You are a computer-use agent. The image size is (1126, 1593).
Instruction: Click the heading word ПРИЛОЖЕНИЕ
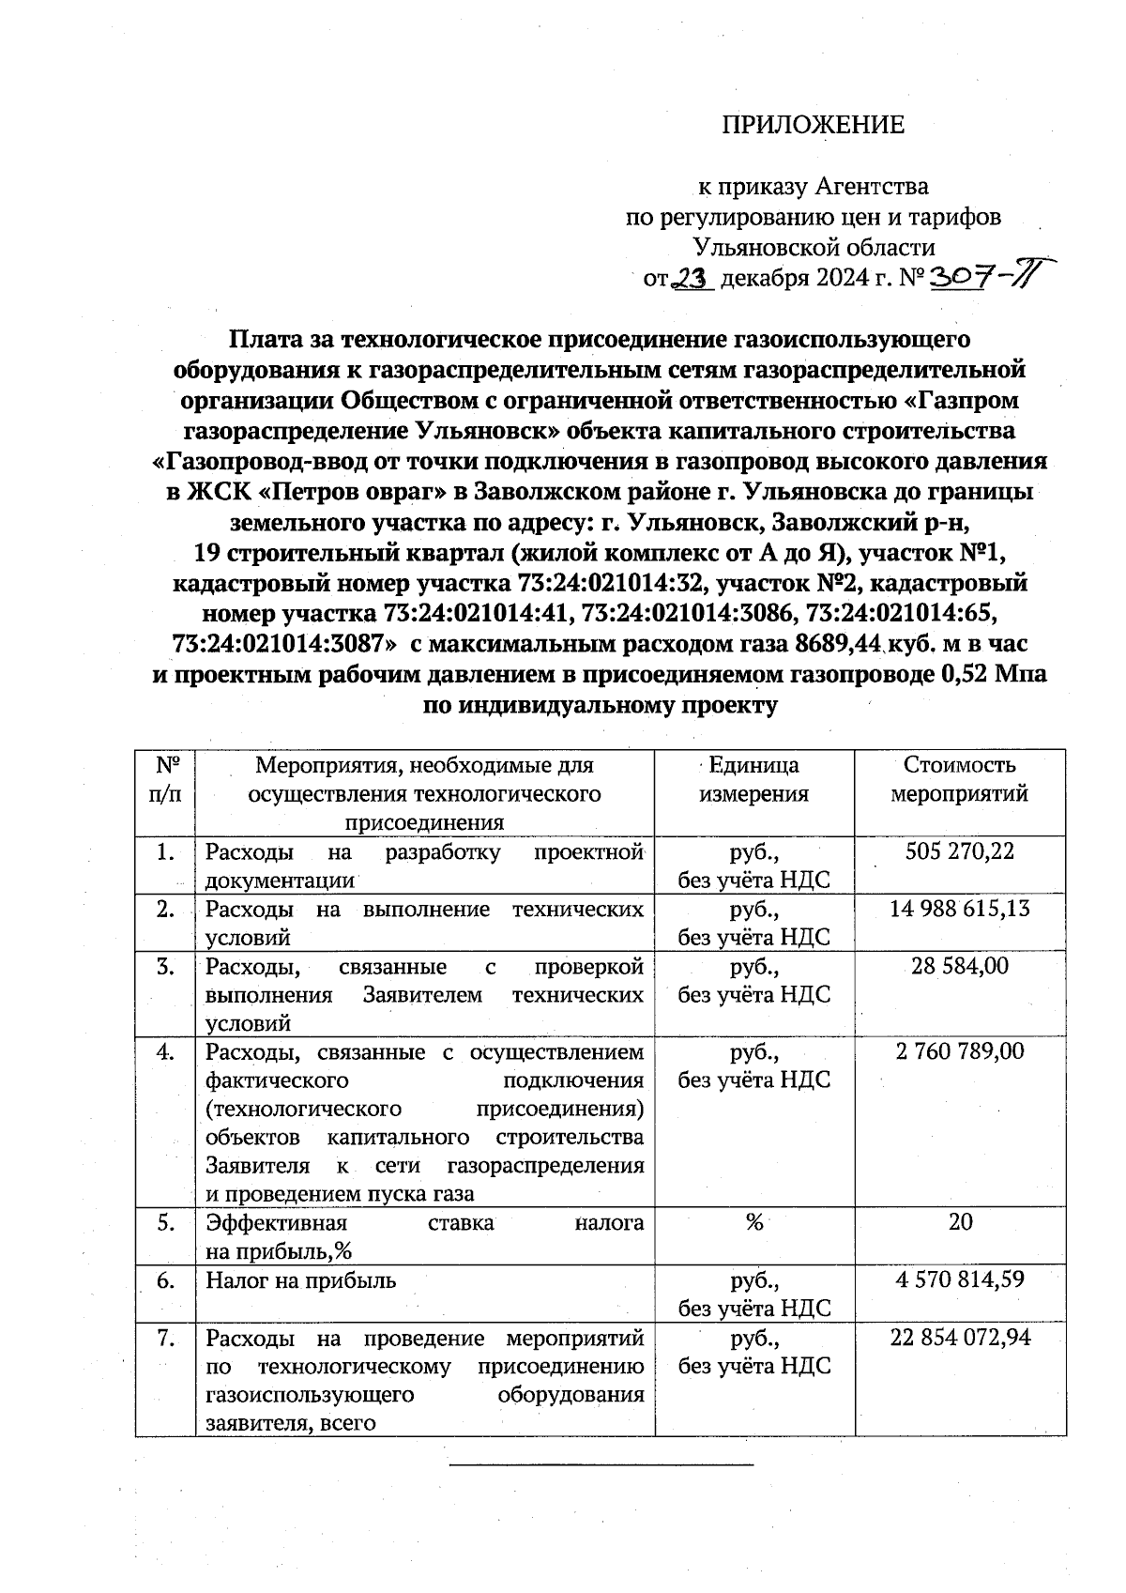813,125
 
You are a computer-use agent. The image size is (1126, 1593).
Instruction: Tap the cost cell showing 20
960,1222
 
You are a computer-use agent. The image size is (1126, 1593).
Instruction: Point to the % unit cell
753,1223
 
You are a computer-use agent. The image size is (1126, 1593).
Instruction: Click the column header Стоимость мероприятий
959,779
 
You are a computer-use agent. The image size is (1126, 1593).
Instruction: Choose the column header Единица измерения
753,779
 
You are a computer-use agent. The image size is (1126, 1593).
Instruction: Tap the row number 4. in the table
165,1052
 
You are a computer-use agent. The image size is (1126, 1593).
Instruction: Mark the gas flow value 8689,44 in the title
840,645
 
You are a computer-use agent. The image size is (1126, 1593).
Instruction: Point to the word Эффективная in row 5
276,1223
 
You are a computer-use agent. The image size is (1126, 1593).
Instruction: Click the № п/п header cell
165,779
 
